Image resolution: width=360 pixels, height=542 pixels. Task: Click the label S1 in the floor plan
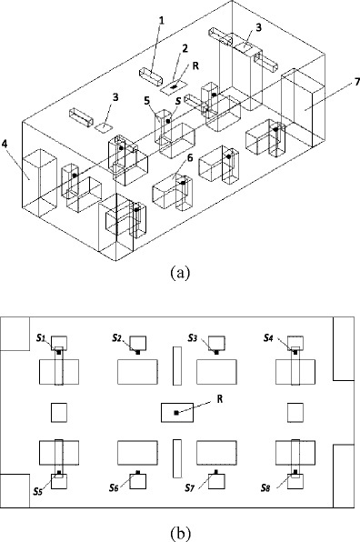tap(42, 337)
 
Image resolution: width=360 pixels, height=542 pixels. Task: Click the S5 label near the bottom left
tap(39, 491)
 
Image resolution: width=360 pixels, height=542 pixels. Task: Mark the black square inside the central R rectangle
tap(176, 413)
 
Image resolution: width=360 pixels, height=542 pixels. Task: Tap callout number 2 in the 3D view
tap(185, 47)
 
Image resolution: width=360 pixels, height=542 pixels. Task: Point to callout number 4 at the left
tap(7, 142)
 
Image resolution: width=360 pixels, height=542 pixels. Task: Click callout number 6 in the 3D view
tap(190, 158)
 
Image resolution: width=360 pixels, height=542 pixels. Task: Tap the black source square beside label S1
tap(61, 352)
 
